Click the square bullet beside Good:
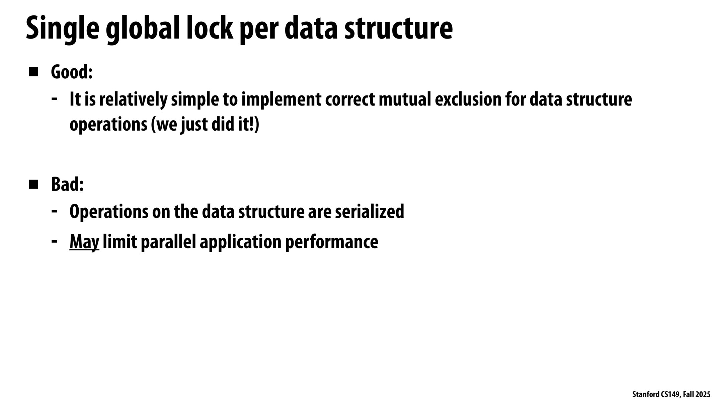point(34,72)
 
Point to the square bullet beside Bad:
point(34,184)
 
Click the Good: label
point(72,72)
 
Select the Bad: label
point(67,184)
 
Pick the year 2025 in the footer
point(703,395)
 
